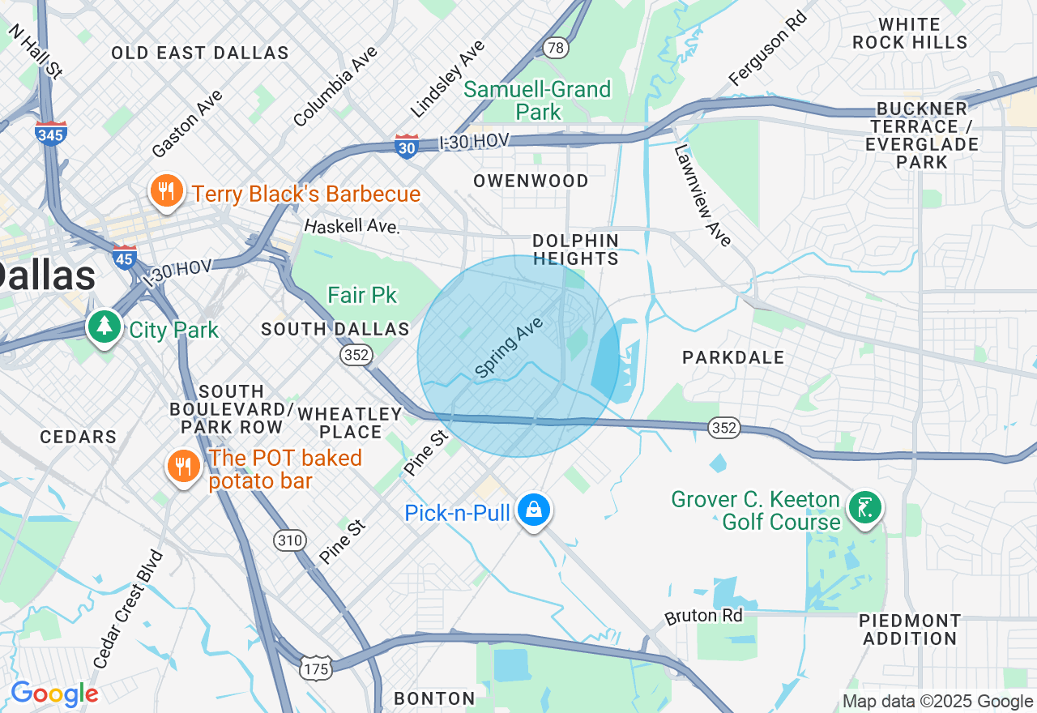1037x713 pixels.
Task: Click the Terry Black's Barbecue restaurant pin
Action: (x=166, y=192)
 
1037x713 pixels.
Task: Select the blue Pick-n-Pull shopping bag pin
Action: (x=534, y=510)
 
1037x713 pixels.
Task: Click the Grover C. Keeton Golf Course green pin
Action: (x=865, y=508)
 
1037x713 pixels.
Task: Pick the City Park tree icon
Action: (x=104, y=327)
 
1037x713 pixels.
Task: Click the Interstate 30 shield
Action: (x=407, y=146)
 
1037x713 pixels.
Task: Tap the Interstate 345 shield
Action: (x=51, y=134)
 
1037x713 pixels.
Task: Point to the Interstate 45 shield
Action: (x=125, y=258)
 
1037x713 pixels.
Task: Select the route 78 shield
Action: (x=555, y=48)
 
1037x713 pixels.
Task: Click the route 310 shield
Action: (x=289, y=540)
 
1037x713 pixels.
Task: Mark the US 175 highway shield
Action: (x=315, y=668)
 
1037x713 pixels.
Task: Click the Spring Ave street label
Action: (x=508, y=348)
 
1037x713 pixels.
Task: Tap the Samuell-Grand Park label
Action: (x=537, y=100)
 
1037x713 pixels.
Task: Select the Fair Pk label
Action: (x=362, y=295)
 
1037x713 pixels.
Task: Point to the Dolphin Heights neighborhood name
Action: (x=575, y=250)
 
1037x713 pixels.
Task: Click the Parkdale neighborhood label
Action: (x=732, y=357)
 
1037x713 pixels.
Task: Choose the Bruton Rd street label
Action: (x=703, y=616)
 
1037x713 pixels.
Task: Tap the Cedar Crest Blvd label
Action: (x=128, y=609)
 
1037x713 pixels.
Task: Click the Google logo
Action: (x=54, y=694)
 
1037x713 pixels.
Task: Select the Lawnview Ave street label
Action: (x=702, y=195)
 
